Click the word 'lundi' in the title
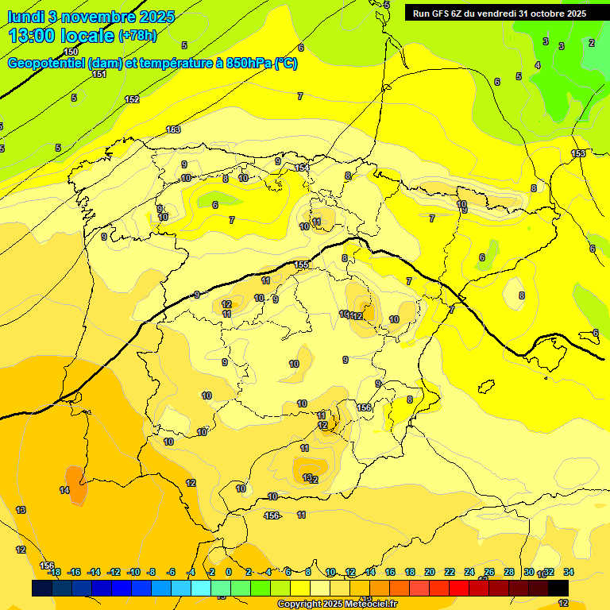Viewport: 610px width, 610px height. click(x=25, y=17)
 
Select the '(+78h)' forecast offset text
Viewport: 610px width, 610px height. click(x=137, y=36)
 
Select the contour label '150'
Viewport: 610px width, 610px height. click(x=71, y=52)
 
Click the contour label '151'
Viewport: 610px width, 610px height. click(x=98, y=74)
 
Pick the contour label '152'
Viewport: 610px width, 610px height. click(x=132, y=99)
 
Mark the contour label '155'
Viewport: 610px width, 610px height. click(x=301, y=264)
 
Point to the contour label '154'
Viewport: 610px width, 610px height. click(x=302, y=168)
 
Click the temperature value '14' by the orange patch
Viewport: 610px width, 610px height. click(x=64, y=490)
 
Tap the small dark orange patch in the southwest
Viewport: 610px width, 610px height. click(x=75, y=477)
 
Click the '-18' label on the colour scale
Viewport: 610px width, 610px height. click(x=54, y=572)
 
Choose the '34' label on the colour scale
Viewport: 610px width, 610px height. click(x=568, y=572)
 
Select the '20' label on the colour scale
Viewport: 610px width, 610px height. click(x=429, y=572)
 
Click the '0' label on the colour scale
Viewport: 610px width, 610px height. click(x=229, y=572)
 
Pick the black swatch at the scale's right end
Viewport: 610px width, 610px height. click(x=558, y=588)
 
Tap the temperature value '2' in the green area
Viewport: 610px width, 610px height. click(x=591, y=43)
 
